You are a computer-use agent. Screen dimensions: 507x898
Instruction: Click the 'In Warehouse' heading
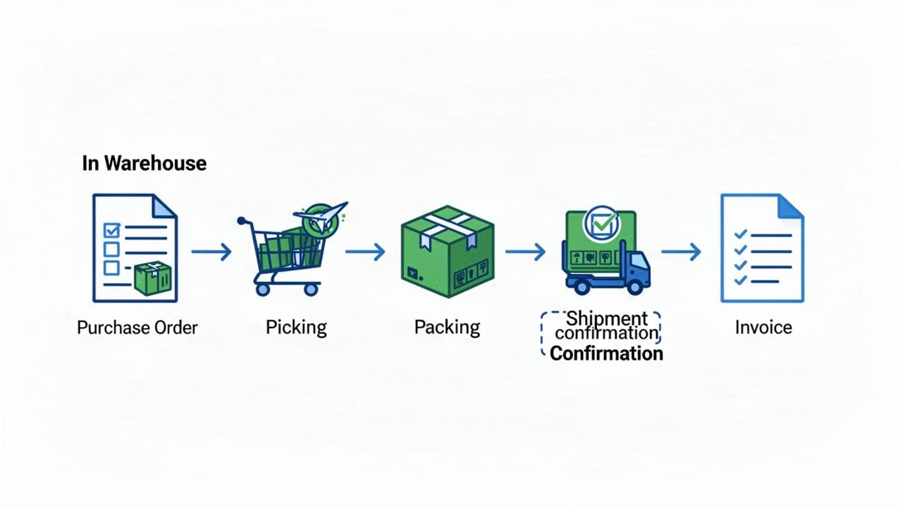pos(144,163)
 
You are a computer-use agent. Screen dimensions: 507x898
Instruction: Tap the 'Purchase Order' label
pos(137,327)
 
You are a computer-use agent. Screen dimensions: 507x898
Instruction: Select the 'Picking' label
pos(296,327)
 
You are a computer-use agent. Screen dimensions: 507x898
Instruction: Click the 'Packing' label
pos(447,327)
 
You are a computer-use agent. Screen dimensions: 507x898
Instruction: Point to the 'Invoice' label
pos(763,327)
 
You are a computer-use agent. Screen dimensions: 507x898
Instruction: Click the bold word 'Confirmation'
pos(606,353)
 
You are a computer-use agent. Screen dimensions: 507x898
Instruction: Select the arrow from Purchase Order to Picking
pos(211,252)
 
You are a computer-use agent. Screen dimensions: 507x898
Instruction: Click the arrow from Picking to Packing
pos(365,252)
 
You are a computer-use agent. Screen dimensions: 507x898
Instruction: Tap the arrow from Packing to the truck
pos(526,252)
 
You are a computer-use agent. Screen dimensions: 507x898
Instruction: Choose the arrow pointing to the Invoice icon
pos(681,252)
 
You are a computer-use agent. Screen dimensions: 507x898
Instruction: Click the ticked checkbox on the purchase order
pos(112,230)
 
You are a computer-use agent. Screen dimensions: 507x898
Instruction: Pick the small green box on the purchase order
pos(153,278)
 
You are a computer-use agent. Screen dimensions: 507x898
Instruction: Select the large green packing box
pos(448,251)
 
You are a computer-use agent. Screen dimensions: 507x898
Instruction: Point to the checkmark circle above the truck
pos(600,223)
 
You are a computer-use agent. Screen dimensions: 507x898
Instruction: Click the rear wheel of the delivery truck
pos(582,287)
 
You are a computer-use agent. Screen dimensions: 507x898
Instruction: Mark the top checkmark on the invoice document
pos(741,234)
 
